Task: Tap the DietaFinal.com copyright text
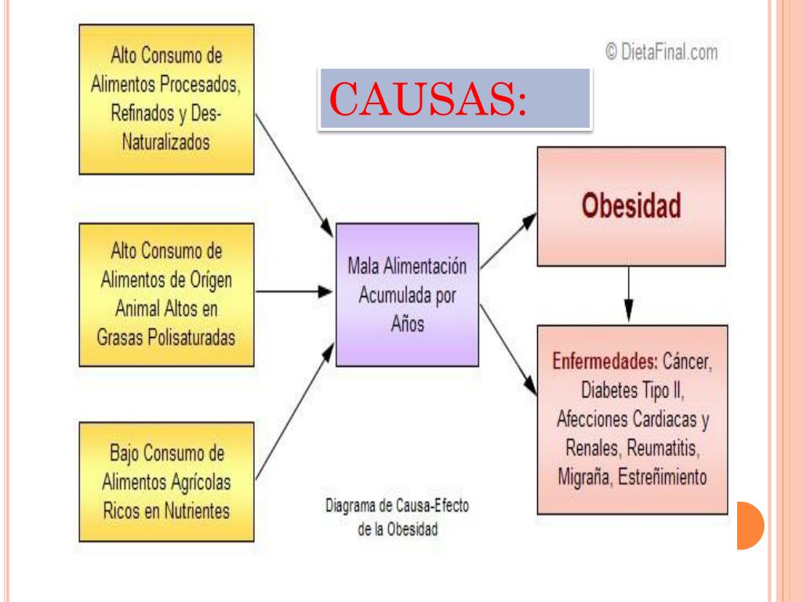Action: point(662,53)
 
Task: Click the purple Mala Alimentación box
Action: point(407,294)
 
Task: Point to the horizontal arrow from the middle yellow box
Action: point(295,291)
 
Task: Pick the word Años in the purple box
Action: point(407,325)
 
